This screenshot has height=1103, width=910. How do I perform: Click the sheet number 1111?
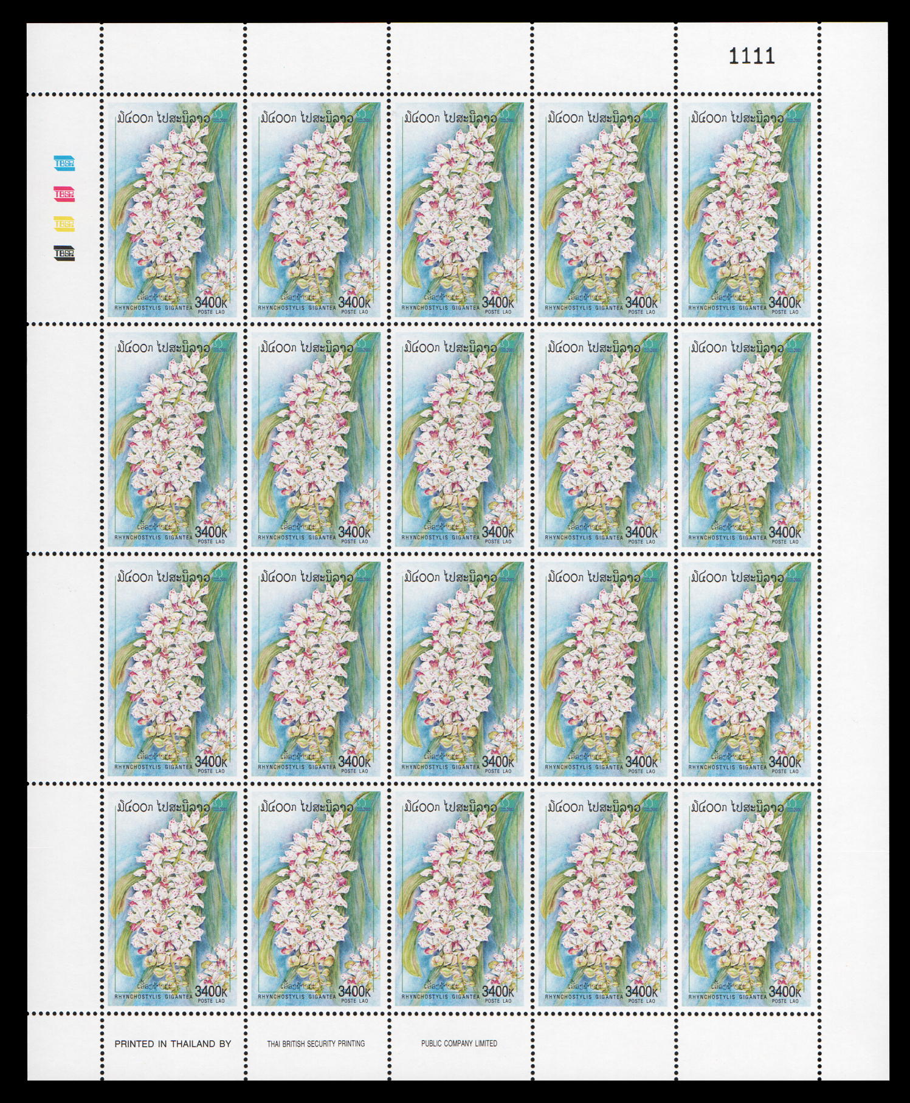coord(752,56)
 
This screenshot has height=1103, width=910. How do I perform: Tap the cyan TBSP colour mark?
coord(64,163)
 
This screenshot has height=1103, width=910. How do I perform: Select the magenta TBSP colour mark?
coord(64,194)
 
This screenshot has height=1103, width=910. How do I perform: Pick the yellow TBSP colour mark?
coord(64,224)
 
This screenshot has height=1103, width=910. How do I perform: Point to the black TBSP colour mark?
coord(64,253)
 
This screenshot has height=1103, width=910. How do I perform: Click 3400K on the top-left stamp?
coord(211,302)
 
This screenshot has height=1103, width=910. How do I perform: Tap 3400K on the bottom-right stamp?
coord(785,991)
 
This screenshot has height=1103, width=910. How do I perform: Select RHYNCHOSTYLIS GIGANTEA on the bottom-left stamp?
coord(153,997)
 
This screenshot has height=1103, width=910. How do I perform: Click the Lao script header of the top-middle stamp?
coord(450,118)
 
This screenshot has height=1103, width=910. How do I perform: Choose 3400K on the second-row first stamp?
coord(211,532)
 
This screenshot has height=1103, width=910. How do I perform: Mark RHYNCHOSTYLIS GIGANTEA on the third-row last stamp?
coord(727,767)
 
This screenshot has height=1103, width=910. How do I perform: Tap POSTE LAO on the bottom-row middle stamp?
coord(498,1001)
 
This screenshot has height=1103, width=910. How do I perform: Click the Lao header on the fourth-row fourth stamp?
coord(593,807)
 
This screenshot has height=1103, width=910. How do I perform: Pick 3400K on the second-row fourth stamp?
coord(641,532)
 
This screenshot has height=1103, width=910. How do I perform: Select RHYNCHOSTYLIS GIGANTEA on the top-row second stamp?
coord(297,308)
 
